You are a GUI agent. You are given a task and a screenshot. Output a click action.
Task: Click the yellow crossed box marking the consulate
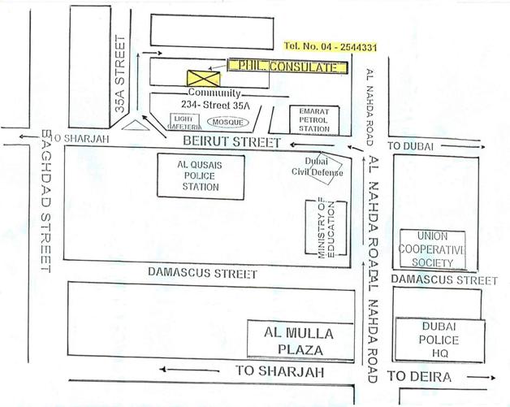[199, 78]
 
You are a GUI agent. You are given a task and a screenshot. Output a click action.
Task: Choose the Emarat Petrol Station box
[313, 119]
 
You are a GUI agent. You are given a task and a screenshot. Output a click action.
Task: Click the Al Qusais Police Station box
[198, 175]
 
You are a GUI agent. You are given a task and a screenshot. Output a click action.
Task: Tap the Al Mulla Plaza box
[300, 340]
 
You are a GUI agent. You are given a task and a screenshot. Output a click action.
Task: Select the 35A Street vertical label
[121, 73]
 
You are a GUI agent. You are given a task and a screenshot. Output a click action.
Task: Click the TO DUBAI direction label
[412, 145]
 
